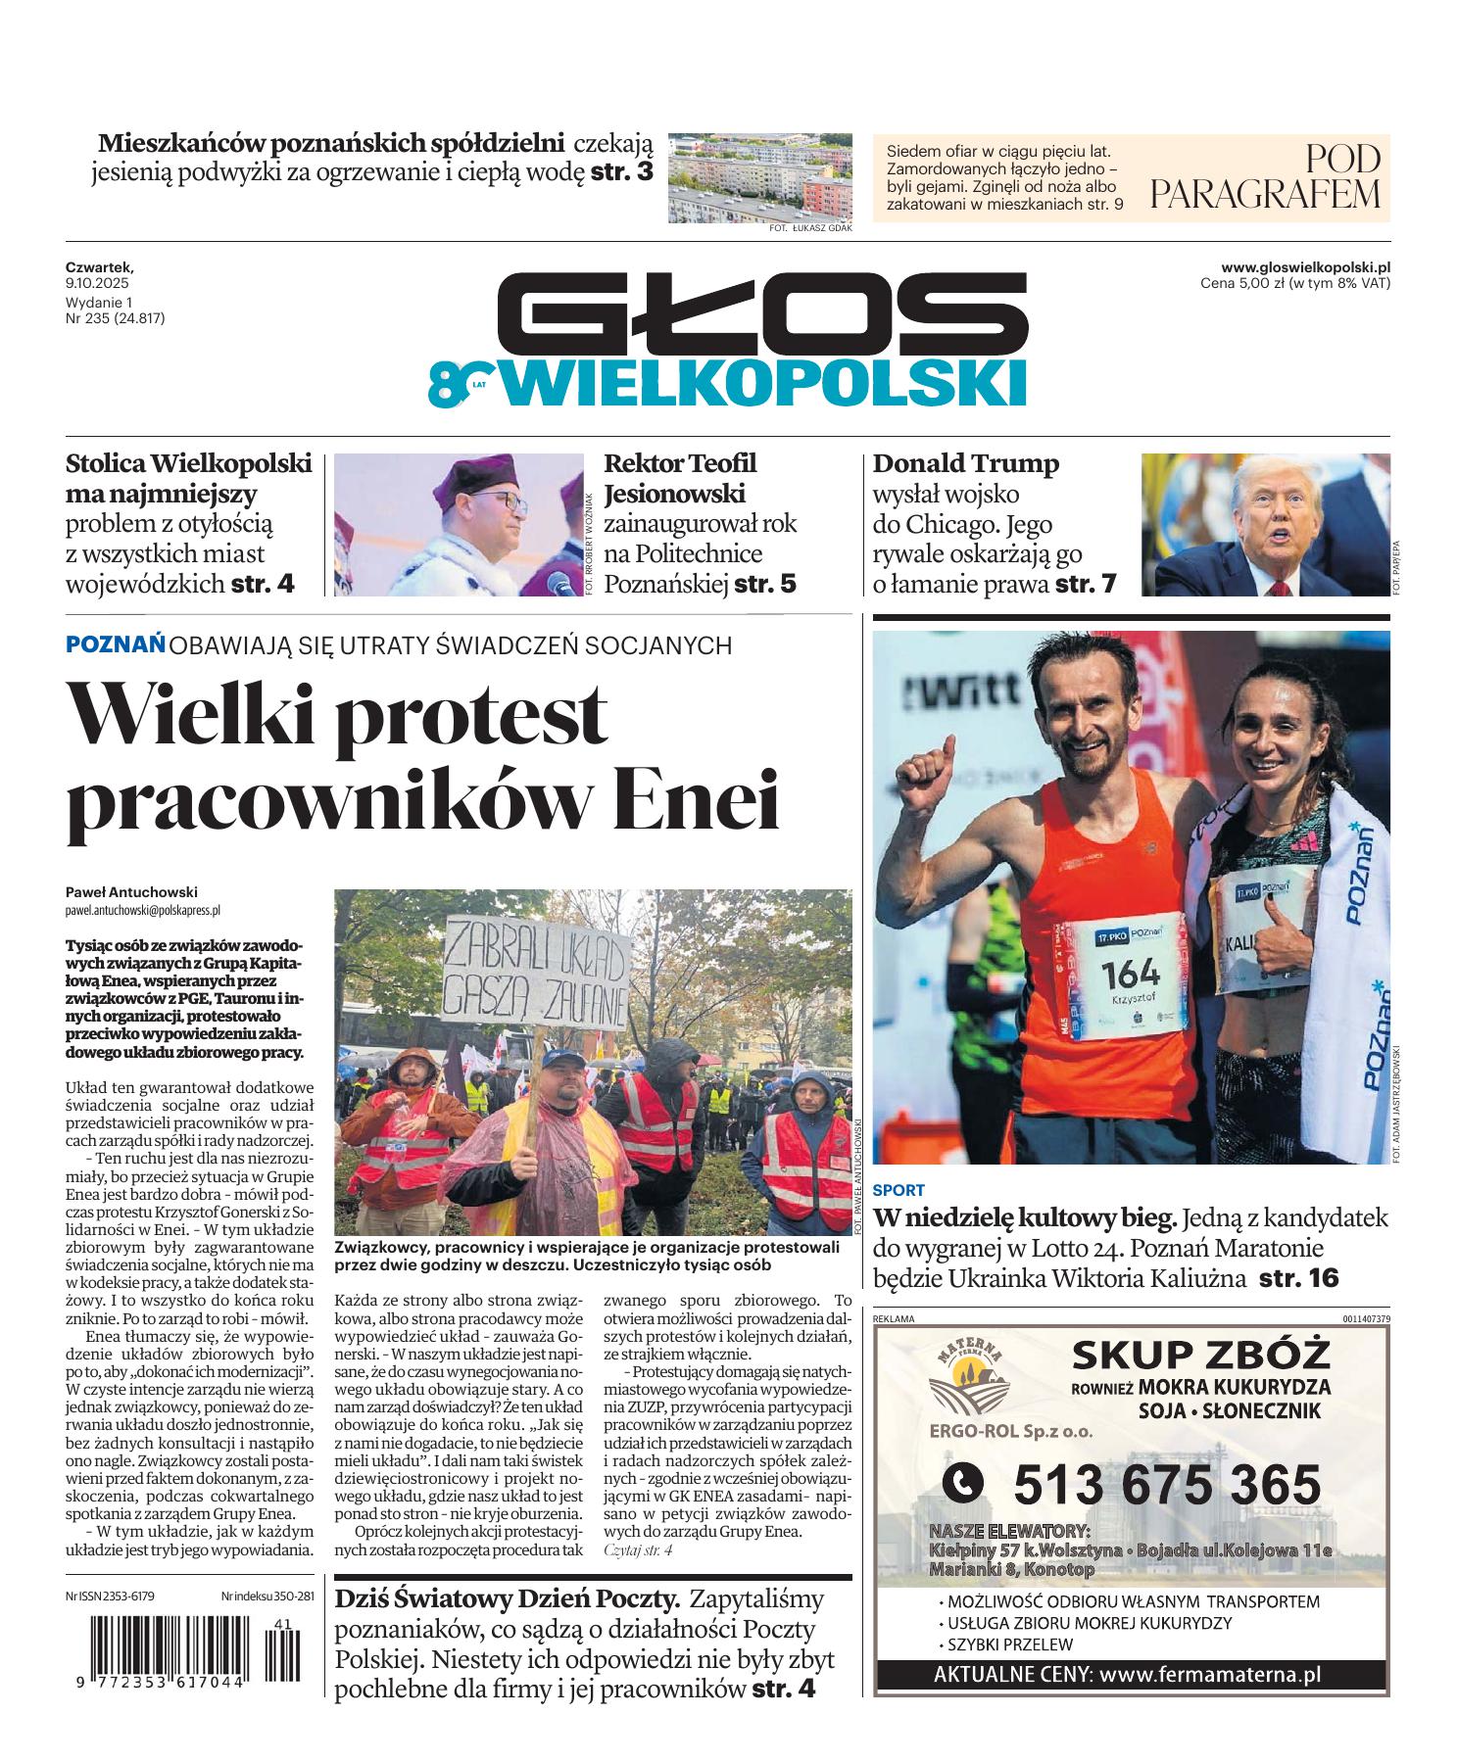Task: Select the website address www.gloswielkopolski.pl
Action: [1305, 266]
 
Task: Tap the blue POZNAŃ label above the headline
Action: [115, 644]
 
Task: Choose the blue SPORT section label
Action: [898, 1190]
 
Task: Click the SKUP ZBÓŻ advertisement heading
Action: [1200, 1356]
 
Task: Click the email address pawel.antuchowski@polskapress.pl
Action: [143, 910]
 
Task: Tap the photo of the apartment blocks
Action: [759, 177]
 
